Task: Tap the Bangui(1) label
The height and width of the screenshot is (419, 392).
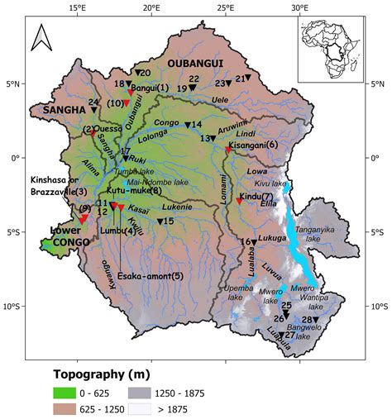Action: click(151, 87)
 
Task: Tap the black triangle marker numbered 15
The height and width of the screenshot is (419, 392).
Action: click(160, 221)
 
